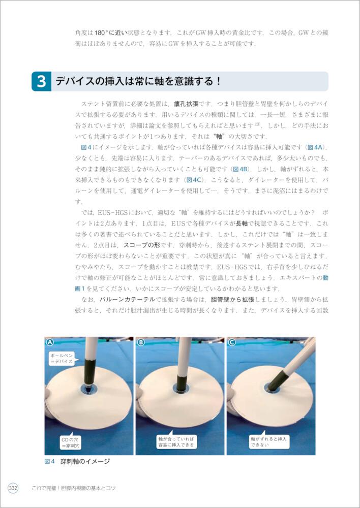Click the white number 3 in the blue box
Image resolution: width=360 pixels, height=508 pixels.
point(41,81)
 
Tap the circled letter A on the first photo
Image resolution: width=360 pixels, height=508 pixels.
point(50,342)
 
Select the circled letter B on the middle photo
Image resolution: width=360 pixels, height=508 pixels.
point(141,342)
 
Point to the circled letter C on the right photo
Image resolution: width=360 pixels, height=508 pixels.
point(232,342)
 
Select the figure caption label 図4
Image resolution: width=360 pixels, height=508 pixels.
point(50,461)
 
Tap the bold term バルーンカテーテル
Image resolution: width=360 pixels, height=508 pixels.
point(126,299)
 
